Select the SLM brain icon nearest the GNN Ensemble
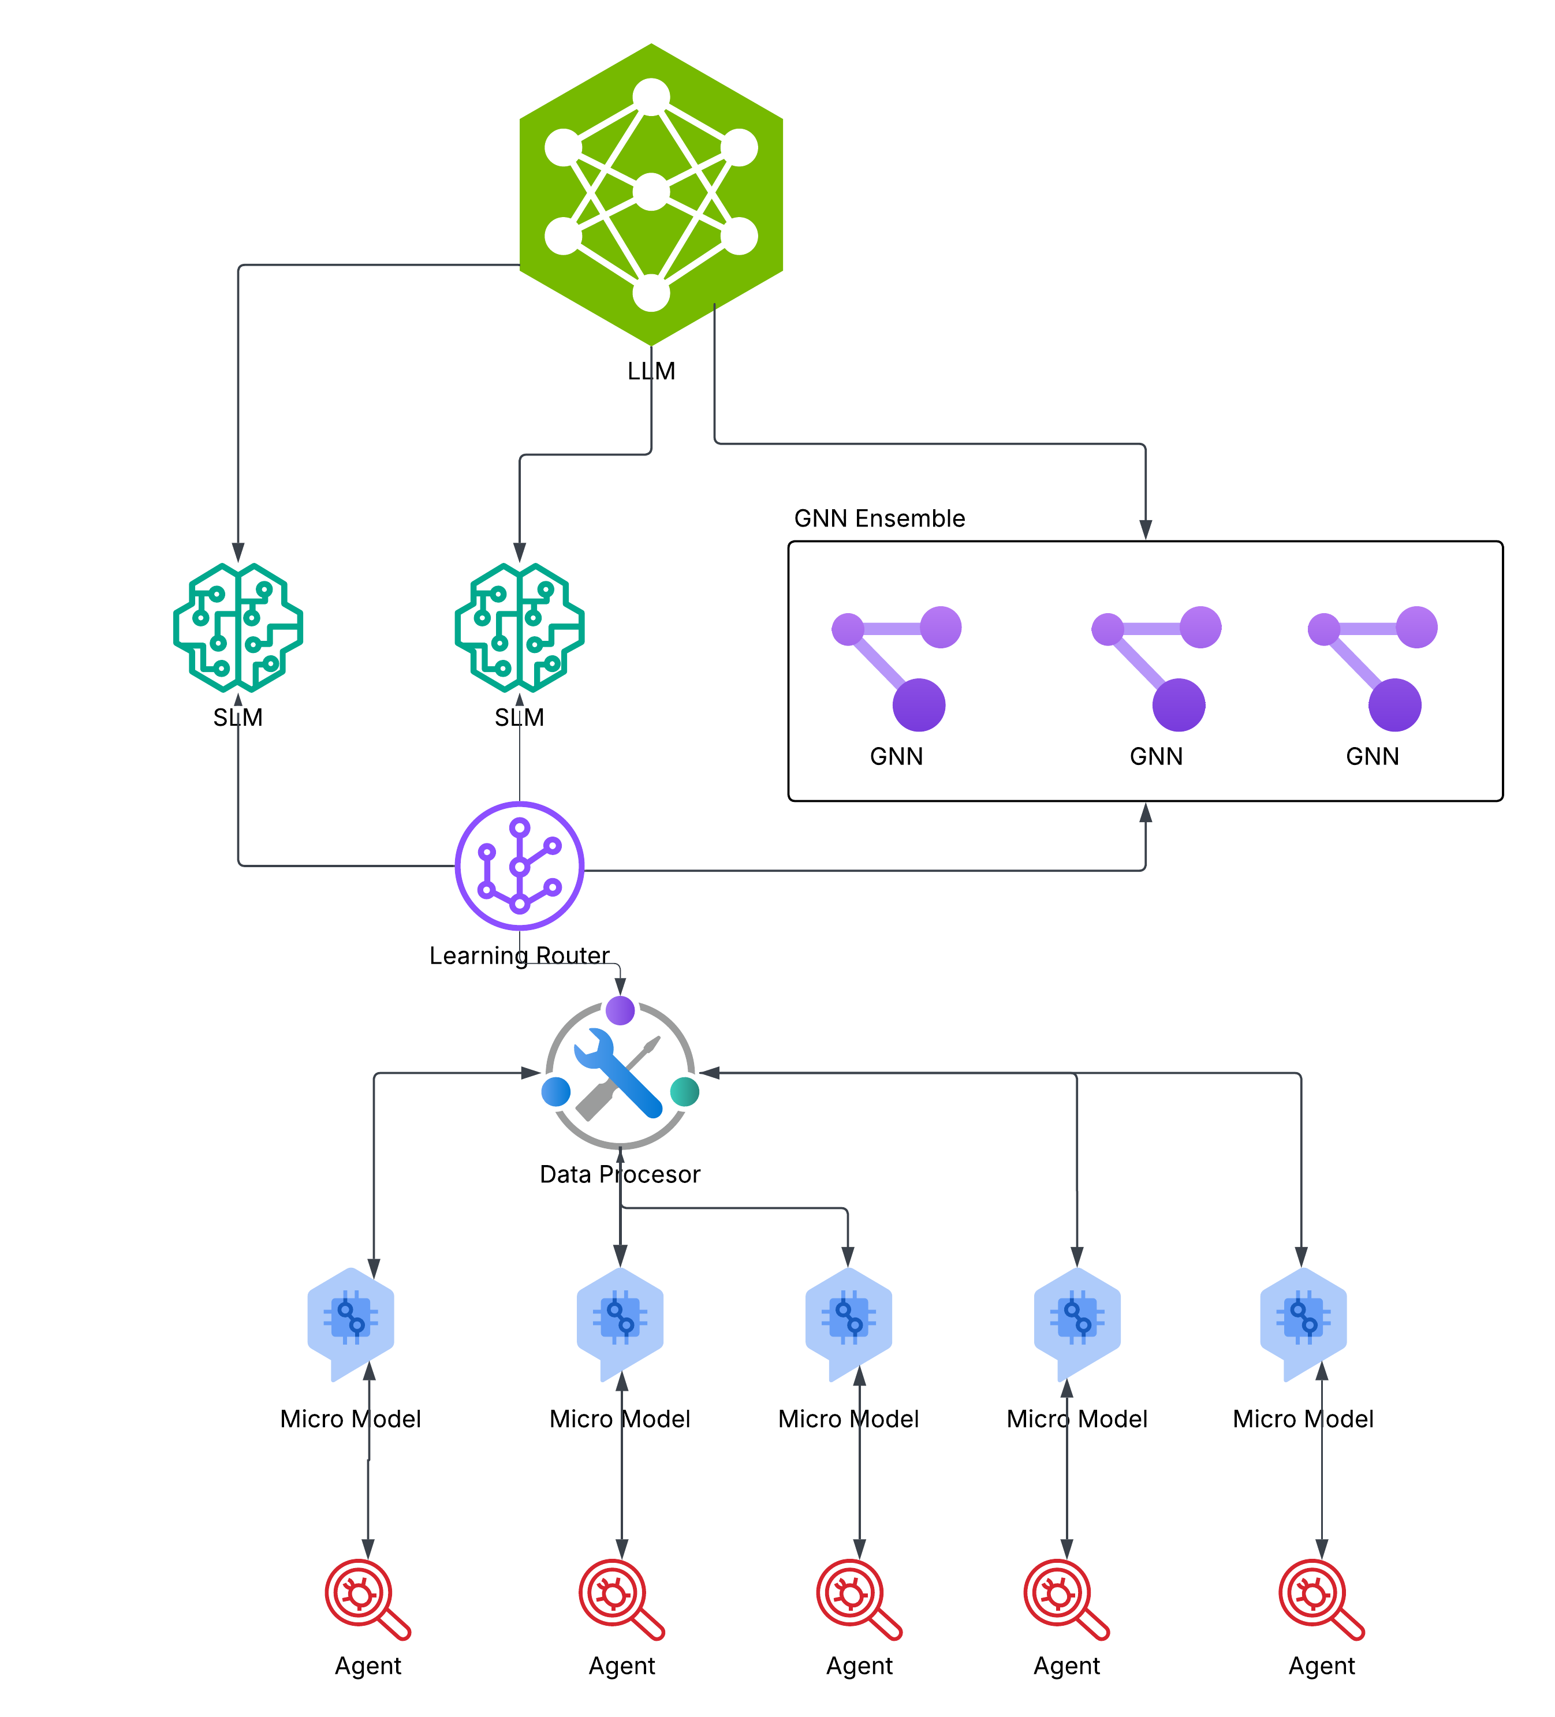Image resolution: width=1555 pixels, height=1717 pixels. (520, 627)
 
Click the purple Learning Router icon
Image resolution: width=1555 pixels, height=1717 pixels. (520, 865)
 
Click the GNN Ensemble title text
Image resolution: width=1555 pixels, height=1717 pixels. (879, 518)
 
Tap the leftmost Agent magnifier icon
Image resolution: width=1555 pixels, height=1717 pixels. (368, 1599)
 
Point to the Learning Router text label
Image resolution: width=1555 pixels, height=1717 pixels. (520, 955)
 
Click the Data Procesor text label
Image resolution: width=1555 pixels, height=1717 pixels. (620, 1174)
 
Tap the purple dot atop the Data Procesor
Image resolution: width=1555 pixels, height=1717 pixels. (620, 1011)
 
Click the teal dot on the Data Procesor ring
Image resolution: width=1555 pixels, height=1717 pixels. (685, 1092)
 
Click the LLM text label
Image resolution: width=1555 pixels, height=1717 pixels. (651, 371)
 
